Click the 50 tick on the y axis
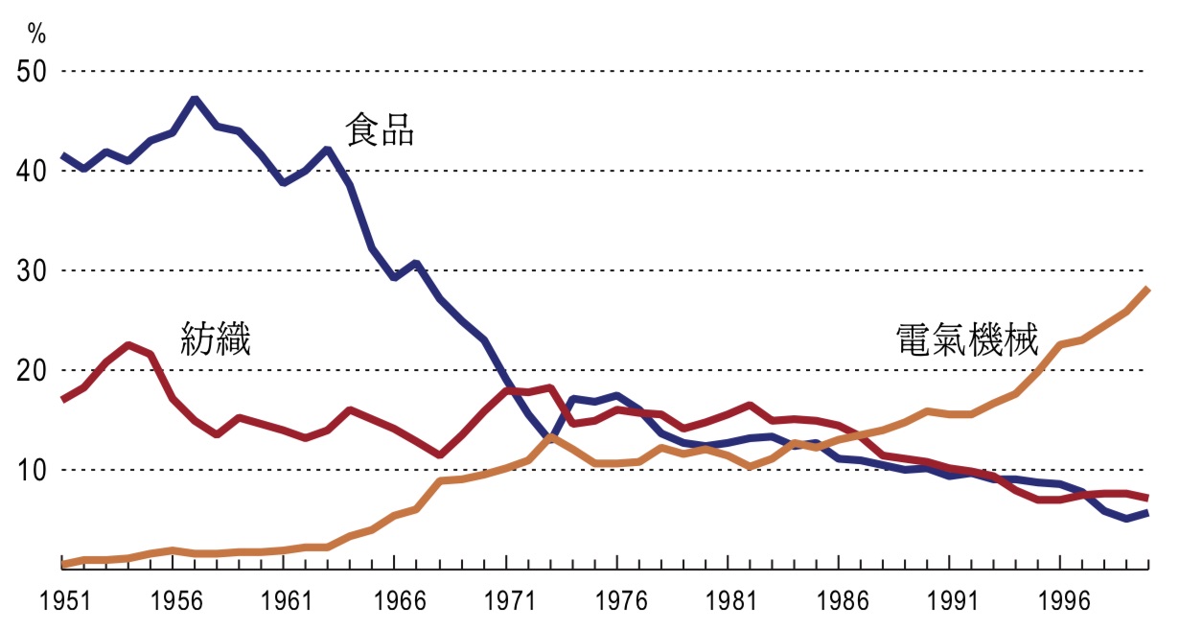tap(32, 72)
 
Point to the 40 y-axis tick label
tap(32, 172)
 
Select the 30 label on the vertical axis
tap(32, 271)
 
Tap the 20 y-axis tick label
tap(32, 371)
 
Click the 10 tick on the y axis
tap(32, 471)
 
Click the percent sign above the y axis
tap(36, 35)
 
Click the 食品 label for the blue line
tap(380, 129)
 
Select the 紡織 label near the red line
tap(216, 338)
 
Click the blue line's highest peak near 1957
tap(196, 99)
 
